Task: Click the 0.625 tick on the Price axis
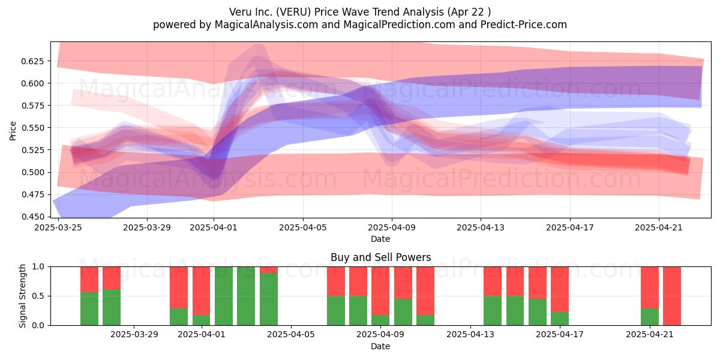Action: click(x=32, y=61)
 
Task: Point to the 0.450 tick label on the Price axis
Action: click(x=32, y=217)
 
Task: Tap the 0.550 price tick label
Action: click(x=32, y=128)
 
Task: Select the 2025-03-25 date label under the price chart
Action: click(x=58, y=227)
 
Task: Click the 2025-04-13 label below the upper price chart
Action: click(x=481, y=227)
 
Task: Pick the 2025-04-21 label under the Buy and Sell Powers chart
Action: click(x=650, y=334)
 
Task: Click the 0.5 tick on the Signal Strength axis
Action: click(x=38, y=296)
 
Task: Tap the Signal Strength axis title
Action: click(x=22, y=296)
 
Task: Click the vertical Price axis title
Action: click(x=13, y=131)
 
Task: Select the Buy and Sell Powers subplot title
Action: click(x=380, y=257)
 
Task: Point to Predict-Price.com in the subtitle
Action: click(x=524, y=25)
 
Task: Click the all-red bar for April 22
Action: click(x=672, y=296)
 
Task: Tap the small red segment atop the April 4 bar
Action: click(x=269, y=270)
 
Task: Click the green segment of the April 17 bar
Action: click(x=560, y=319)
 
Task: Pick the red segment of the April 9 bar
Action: click(x=380, y=291)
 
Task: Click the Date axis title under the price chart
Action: click(x=380, y=239)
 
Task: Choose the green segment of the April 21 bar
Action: click(x=650, y=317)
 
